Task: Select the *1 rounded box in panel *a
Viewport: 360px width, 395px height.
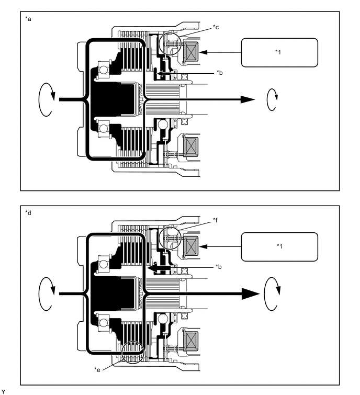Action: pos(272,52)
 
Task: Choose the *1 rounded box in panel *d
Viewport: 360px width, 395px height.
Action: pos(272,246)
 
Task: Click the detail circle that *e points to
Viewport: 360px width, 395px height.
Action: pos(131,352)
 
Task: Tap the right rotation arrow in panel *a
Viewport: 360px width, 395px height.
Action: pos(272,99)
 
